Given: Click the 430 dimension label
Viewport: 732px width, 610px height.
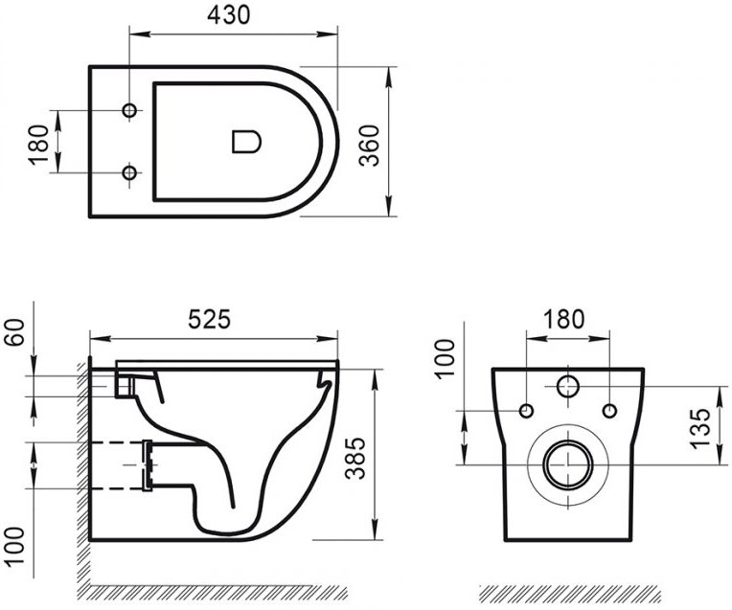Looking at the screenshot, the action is (228, 15).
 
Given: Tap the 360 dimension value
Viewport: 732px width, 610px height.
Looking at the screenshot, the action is (370, 146).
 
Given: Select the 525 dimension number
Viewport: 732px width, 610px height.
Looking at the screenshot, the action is (209, 320).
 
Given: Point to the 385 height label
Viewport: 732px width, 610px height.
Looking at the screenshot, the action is (355, 459).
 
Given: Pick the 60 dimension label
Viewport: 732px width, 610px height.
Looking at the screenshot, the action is (14, 332).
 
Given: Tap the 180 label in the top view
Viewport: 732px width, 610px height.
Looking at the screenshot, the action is (38, 145).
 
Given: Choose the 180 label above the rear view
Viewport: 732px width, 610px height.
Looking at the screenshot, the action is (563, 319).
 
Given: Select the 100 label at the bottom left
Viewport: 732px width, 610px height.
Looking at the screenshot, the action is (14, 546).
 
